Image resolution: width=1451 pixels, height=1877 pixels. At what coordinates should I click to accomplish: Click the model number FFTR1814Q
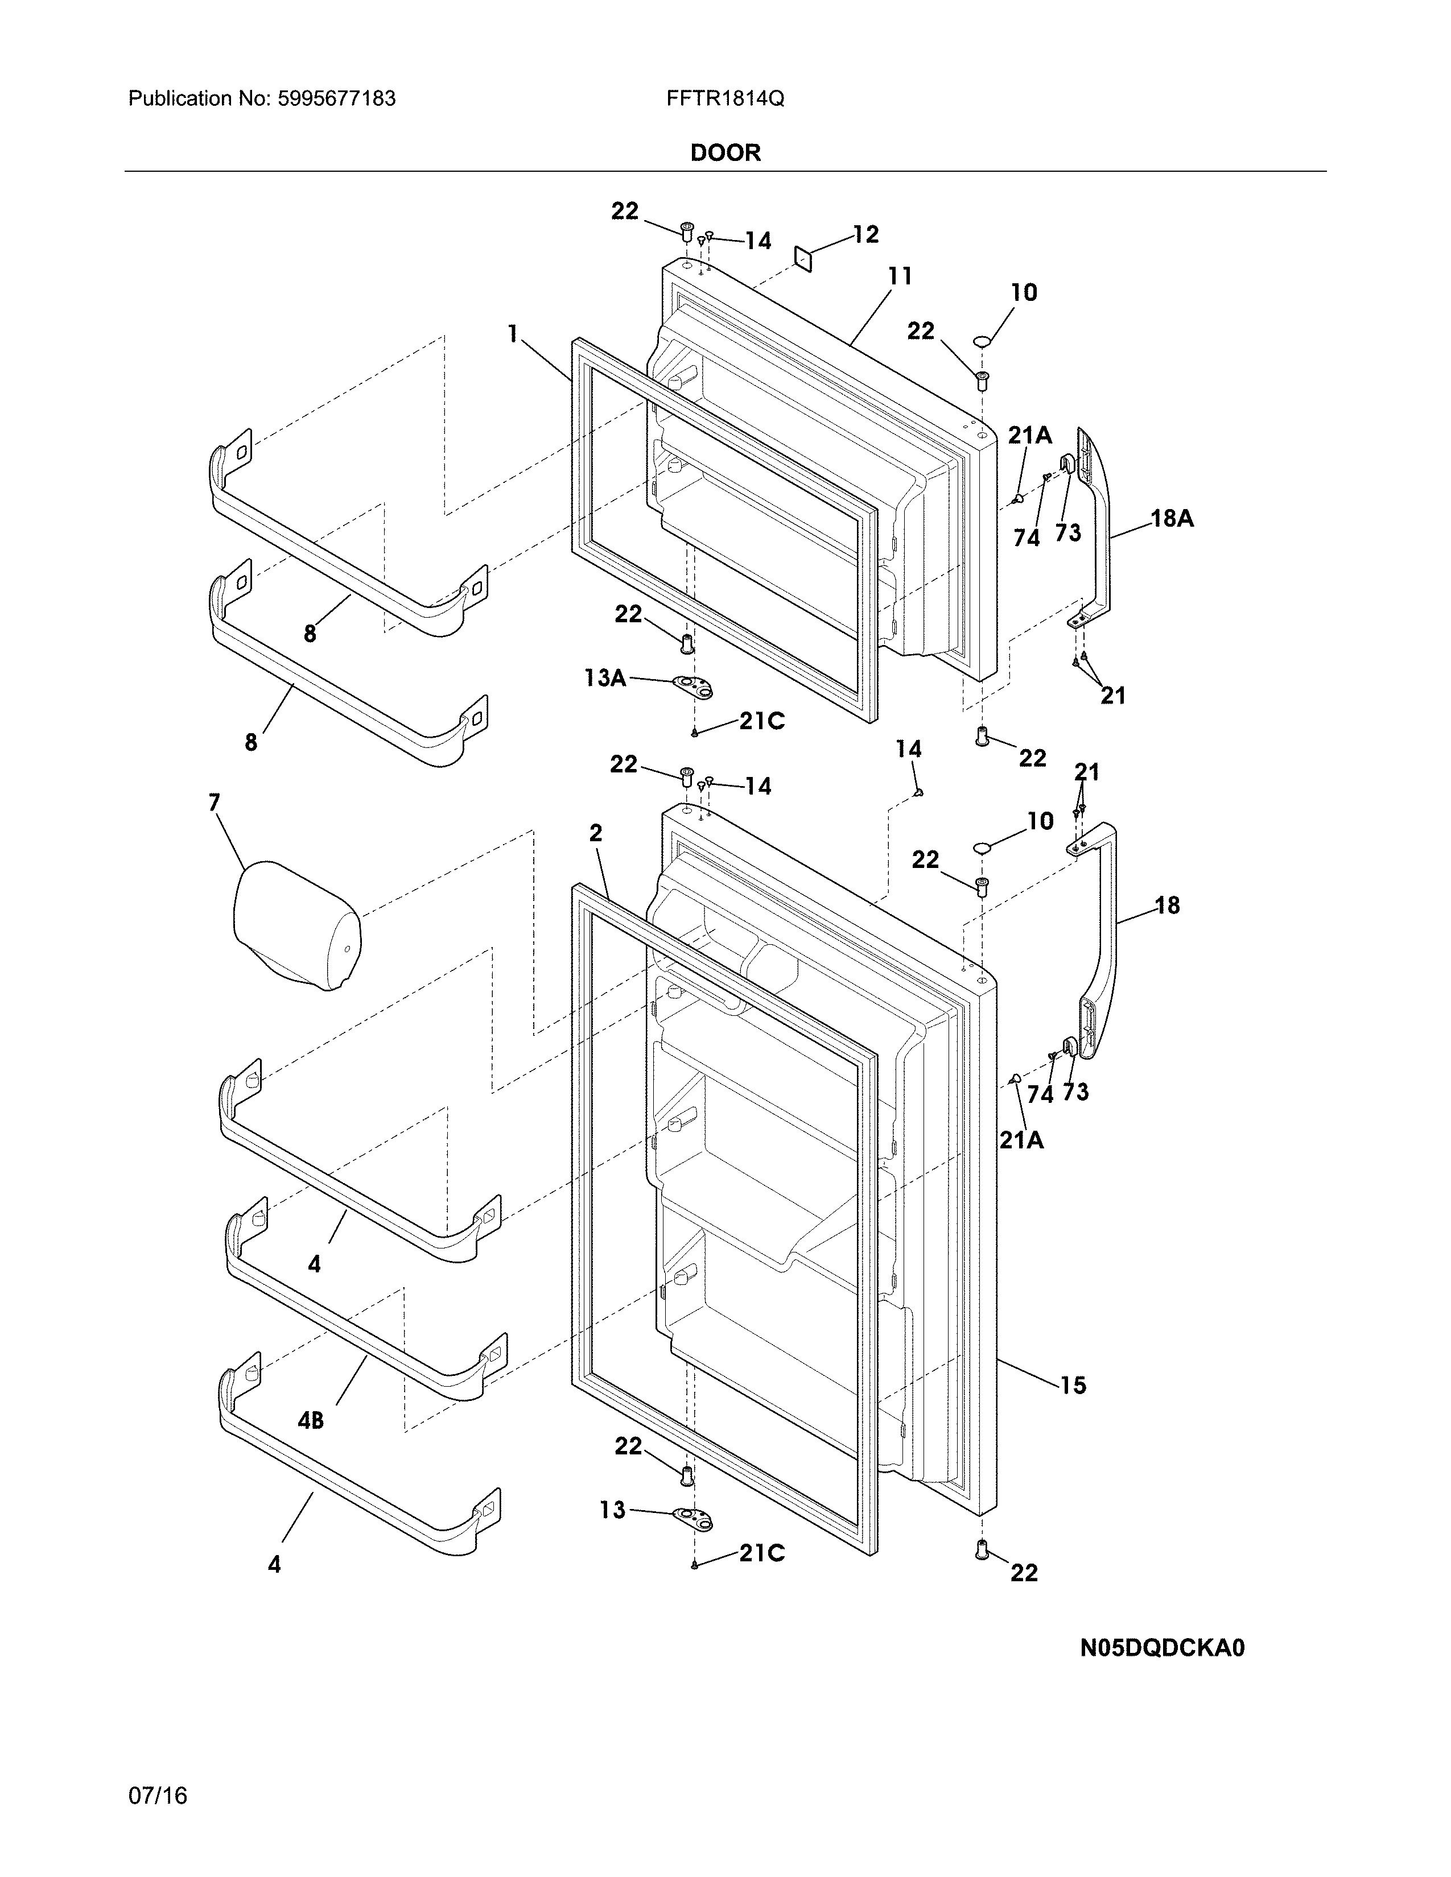pyautogui.click(x=724, y=99)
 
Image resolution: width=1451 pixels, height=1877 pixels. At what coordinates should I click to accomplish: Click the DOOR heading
pyautogui.click(x=725, y=153)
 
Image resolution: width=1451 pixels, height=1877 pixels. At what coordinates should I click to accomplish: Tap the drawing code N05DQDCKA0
pyautogui.click(x=1162, y=1648)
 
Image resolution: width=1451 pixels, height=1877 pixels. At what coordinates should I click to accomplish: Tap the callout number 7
pyautogui.click(x=214, y=803)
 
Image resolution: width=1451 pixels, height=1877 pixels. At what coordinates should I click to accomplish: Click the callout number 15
pyautogui.click(x=1073, y=1386)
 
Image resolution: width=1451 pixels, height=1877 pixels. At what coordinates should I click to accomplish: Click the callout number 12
pyautogui.click(x=865, y=234)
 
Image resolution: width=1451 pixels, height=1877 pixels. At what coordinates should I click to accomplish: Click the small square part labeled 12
pyautogui.click(x=803, y=259)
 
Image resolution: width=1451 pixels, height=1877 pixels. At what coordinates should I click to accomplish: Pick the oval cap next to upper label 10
pyautogui.click(x=983, y=344)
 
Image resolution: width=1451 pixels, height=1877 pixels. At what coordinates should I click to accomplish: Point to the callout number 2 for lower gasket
pyautogui.click(x=596, y=833)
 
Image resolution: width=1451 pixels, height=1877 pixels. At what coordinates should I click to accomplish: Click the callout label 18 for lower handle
pyautogui.click(x=1166, y=905)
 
